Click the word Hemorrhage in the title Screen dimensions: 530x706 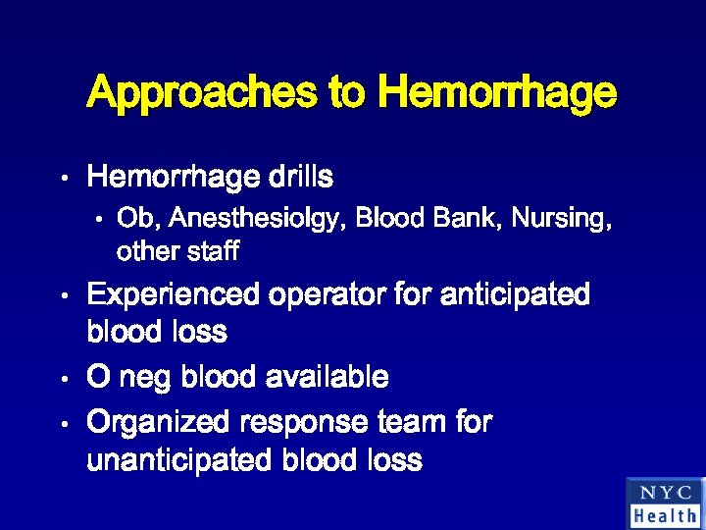497,94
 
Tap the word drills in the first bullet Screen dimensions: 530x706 300,178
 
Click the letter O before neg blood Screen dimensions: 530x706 98,377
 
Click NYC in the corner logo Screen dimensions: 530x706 664,494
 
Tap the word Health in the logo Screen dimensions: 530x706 665,515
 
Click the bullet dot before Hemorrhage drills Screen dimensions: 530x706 62,180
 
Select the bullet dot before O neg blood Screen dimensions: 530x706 62,378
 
